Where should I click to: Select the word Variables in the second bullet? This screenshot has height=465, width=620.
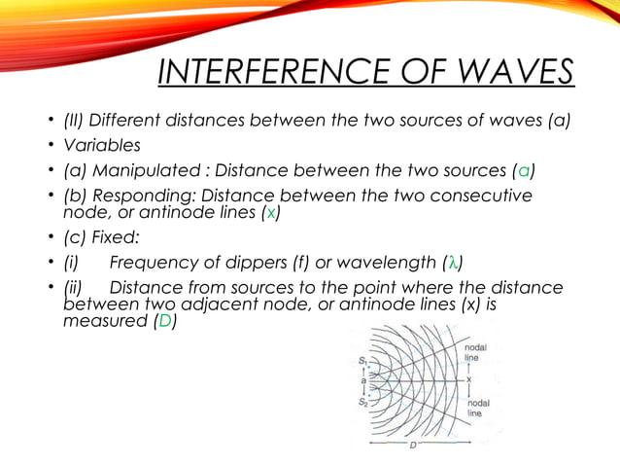pos(102,145)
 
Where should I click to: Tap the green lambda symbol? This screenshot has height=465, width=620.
pos(453,263)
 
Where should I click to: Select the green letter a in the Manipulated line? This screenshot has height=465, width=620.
pos(524,170)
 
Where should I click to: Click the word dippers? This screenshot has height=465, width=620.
pos(256,263)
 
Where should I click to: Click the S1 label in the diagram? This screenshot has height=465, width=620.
pos(362,361)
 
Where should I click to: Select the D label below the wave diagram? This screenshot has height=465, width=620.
pos(412,445)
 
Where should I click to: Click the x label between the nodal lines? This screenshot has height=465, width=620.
pos(469,379)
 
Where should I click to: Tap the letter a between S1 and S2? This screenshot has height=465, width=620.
pos(362,380)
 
